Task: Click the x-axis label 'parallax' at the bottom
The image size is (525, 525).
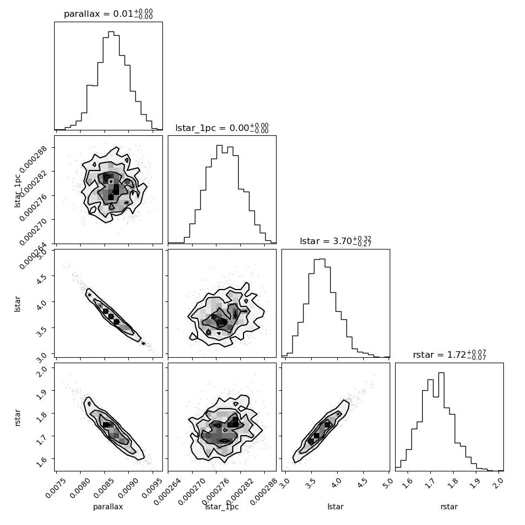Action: click(x=108, y=507)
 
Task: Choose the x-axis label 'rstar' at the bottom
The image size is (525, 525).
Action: click(x=449, y=507)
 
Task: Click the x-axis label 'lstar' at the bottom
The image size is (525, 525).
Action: click(x=336, y=507)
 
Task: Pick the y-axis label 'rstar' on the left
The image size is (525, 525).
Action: click(x=18, y=417)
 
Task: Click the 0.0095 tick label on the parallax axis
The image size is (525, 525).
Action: click(x=152, y=488)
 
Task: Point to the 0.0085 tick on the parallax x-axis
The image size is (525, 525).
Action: click(x=104, y=471)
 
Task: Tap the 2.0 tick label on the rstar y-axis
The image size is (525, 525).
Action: click(x=43, y=371)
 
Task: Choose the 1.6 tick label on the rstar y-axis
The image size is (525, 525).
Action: click(x=43, y=462)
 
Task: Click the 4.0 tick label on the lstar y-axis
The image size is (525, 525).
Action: click(x=43, y=305)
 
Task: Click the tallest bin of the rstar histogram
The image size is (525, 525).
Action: click(x=441, y=422)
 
